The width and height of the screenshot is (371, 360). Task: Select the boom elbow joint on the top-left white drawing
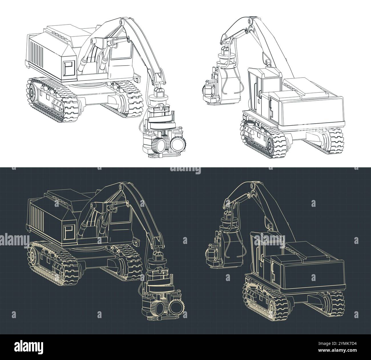click(122, 22)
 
